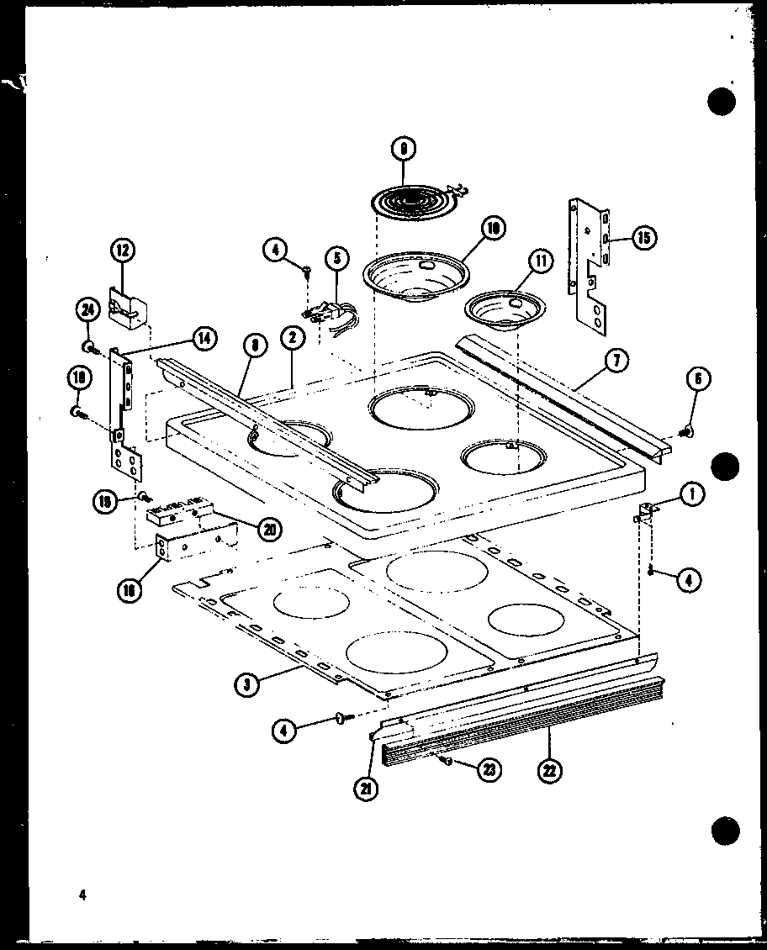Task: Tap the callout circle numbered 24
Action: click(85, 311)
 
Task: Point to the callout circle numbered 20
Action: click(269, 529)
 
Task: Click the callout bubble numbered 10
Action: click(492, 227)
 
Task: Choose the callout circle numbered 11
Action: click(539, 261)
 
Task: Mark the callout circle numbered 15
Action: click(643, 238)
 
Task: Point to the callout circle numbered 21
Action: click(365, 788)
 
